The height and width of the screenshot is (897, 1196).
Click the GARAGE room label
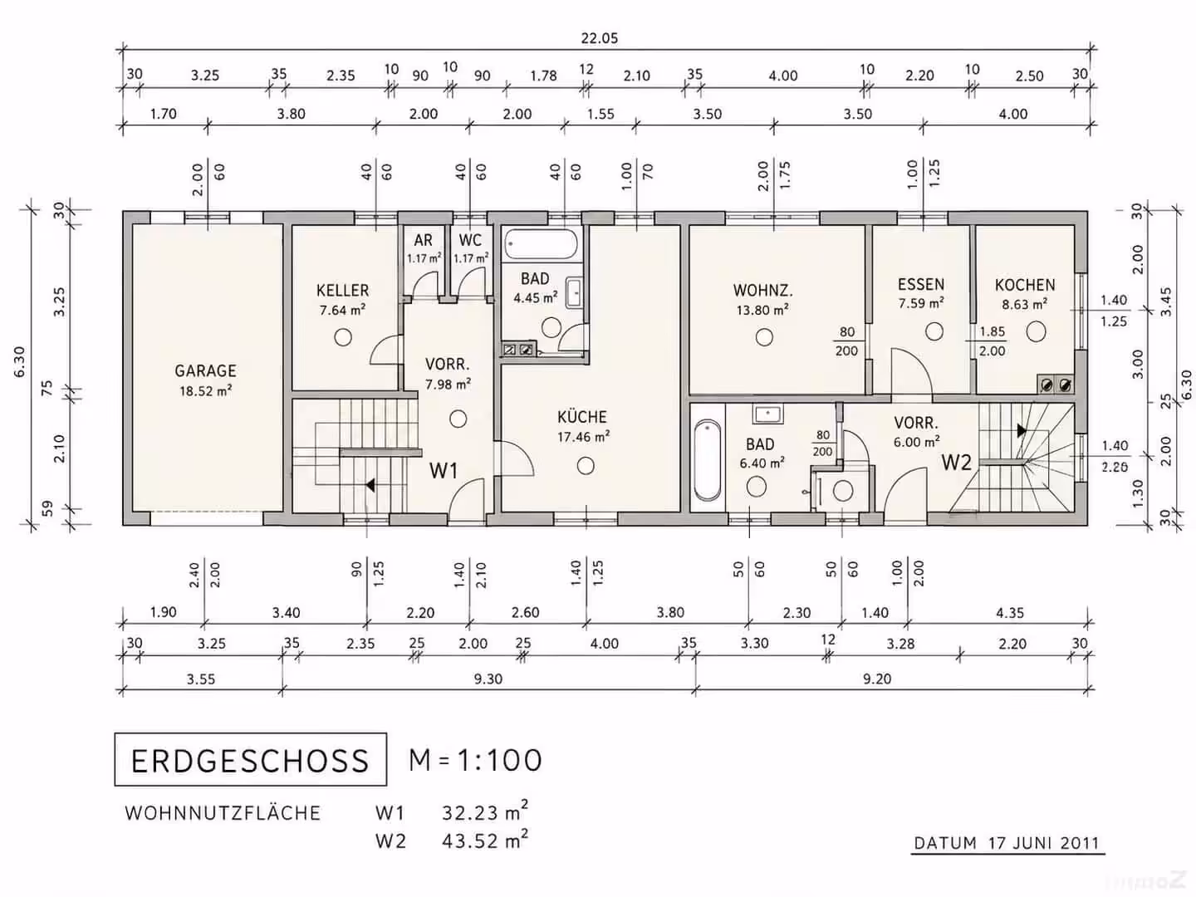[205, 371]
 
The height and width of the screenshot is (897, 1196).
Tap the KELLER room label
[343, 291]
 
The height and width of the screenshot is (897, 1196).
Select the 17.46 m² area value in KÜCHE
[583, 437]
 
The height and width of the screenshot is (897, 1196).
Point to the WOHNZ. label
[762, 291]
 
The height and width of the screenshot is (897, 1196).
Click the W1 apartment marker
[444, 471]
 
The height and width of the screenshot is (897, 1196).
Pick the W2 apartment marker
[957, 463]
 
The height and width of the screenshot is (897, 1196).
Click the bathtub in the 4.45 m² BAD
[541, 244]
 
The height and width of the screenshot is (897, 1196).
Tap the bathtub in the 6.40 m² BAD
[708, 460]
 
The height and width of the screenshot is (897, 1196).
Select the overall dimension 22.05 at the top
[600, 38]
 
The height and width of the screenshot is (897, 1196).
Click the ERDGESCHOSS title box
[251, 760]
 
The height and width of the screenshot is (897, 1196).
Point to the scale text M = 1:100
[475, 760]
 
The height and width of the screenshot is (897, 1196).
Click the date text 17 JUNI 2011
[1044, 843]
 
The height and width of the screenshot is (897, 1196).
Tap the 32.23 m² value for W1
[485, 811]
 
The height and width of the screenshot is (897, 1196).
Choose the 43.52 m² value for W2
[485, 840]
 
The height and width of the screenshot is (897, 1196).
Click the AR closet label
[423, 240]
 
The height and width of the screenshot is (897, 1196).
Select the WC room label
[470, 240]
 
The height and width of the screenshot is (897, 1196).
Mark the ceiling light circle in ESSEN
[934, 331]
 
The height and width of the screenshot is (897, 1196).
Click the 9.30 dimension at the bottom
[488, 679]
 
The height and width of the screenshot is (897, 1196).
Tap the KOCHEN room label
[1025, 285]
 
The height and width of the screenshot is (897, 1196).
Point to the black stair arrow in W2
[1022, 431]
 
